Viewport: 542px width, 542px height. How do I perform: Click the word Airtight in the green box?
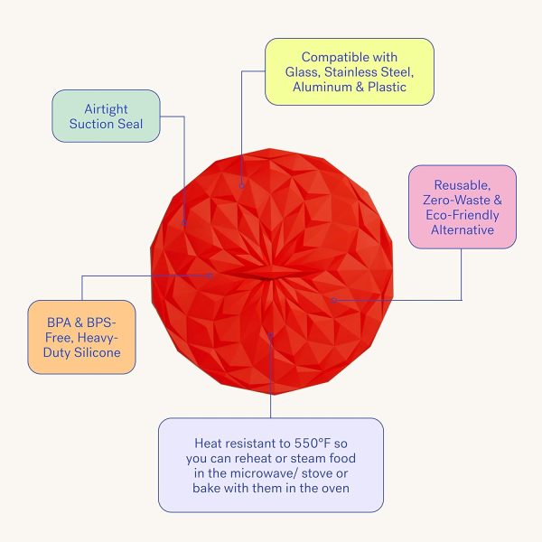point(106,109)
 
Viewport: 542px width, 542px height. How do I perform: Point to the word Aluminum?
point(322,87)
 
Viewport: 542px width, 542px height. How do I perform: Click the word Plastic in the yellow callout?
point(387,87)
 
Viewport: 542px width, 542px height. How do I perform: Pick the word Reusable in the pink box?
point(463,185)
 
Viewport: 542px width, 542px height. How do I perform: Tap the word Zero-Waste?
point(456,200)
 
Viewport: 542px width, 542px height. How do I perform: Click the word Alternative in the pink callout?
point(463,229)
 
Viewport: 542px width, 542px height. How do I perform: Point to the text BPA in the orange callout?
point(59,322)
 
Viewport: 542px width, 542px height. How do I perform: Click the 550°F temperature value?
point(313,444)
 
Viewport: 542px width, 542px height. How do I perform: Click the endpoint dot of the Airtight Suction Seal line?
point(184,223)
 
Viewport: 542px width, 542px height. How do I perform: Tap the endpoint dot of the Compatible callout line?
point(241,186)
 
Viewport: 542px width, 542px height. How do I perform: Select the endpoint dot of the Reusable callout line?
point(334,300)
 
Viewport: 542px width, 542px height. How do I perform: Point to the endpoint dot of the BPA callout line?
point(210,276)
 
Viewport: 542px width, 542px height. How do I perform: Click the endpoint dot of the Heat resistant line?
point(271,334)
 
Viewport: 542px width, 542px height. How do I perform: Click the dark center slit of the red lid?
point(266,277)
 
